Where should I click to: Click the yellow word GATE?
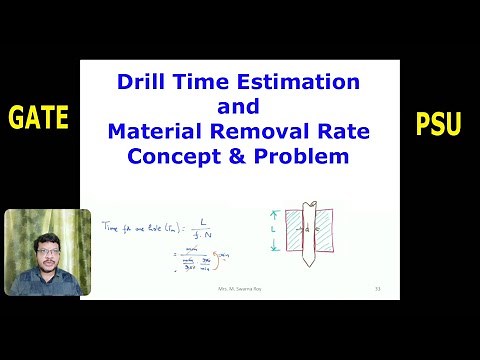tap(39, 119)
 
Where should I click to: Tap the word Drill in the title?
tap(146, 82)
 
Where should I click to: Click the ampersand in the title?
tap(254, 157)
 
